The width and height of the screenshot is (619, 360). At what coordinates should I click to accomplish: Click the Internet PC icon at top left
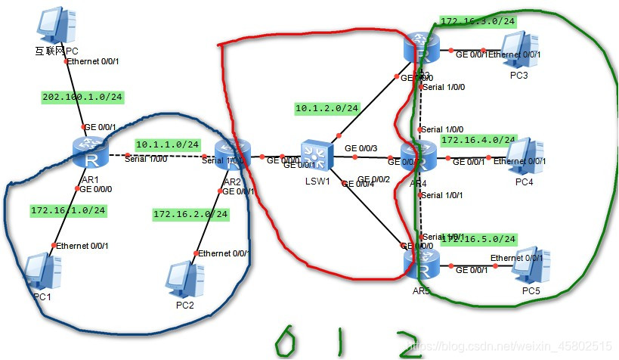[56, 27]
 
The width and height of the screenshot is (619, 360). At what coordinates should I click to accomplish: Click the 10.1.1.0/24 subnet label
[168, 144]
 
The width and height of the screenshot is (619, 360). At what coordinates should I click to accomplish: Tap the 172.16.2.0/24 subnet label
[190, 214]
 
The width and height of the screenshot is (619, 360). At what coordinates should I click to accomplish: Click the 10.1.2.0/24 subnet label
[327, 109]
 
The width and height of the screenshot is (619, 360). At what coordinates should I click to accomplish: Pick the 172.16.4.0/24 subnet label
[478, 140]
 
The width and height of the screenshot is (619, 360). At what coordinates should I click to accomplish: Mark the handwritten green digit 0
[285, 341]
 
